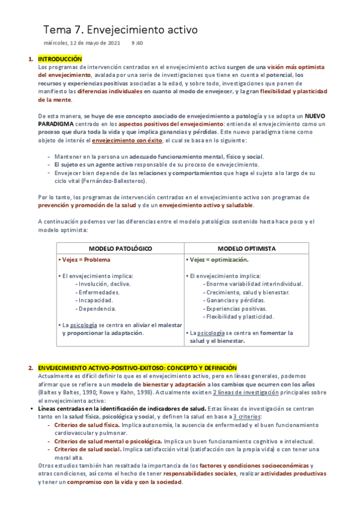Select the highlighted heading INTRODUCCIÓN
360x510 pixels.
click(59, 59)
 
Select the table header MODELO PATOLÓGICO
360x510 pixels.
click(120, 248)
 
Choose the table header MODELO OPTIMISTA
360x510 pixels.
click(246, 248)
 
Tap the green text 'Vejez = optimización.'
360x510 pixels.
click(219, 260)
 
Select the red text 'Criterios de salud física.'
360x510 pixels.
click(87, 425)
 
